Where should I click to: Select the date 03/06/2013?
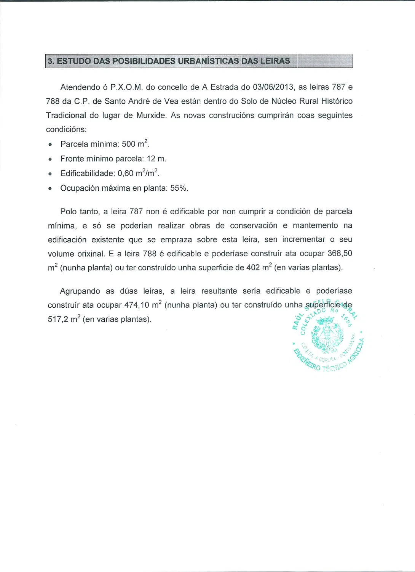[270, 87]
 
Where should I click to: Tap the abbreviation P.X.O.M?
[126, 87]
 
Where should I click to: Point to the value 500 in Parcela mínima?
[128, 144]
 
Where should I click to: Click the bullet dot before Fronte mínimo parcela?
[50, 159]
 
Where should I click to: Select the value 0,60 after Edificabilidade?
[125, 174]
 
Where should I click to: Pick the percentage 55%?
[179, 188]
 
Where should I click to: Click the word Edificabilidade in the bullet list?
[87, 174]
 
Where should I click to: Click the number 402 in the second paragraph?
[253, 268]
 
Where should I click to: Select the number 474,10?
[137, 305]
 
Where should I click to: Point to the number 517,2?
[58, 320]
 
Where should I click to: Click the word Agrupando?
[80, 291]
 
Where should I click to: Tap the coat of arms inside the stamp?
[327, 334]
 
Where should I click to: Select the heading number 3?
[51, 61]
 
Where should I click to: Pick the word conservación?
[254, 226]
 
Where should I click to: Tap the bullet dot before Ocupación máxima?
[50, 189]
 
